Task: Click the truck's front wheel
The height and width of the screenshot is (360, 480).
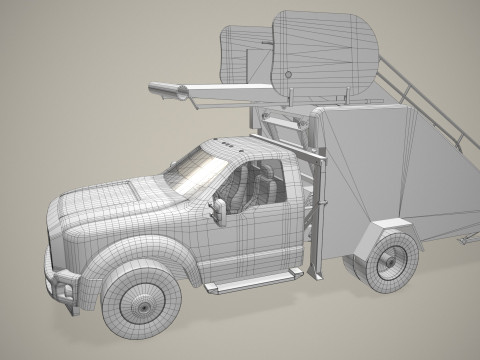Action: (x=142, y=302)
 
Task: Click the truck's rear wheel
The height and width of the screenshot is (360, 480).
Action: (x=388, y=259)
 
